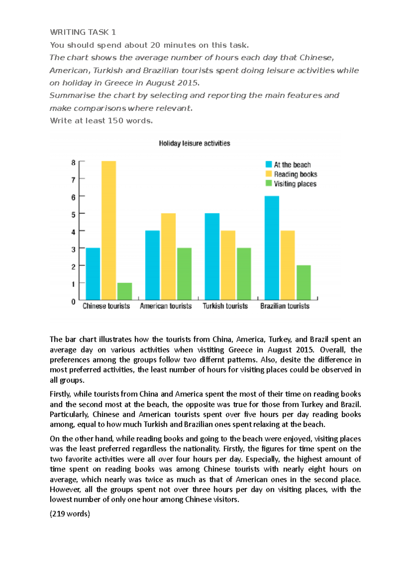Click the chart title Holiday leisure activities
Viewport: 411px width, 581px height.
click(194, 143)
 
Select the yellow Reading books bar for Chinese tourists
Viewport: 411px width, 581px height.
click(109, 230)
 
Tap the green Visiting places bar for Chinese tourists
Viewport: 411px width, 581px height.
click(124, 291)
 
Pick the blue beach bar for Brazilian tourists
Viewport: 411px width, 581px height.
click(272, 248)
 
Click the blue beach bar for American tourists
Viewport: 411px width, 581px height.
click(152, 265)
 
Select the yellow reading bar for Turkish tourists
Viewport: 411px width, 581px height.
click(228, 265)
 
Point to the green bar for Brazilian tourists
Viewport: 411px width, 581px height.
click(303, 283)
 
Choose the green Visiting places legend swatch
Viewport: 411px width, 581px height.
click(269, 183)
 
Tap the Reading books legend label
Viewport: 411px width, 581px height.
click(295, 174)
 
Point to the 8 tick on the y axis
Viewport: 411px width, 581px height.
click(73, 163)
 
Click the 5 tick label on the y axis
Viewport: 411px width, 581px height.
click(73, 215)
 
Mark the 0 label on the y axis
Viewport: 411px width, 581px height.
click(73, 301)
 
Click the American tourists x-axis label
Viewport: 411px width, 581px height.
click(165, 306)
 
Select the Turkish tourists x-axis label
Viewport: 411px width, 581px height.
click(225, 306)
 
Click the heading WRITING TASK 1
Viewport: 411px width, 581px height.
click(83, 32)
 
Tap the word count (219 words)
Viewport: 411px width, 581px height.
click(70, 514)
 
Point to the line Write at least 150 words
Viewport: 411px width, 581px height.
click(101, 120)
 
